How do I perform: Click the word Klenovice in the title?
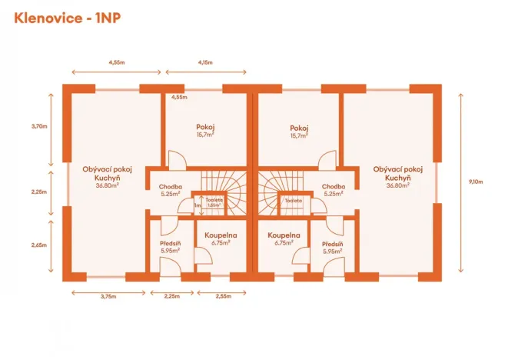[x=45, y=18]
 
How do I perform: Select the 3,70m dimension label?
[x=39, y=125]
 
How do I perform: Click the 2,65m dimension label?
[x=39, y=245]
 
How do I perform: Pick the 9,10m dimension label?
[x=476, y=182]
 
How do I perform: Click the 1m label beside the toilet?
[x=198, y=205]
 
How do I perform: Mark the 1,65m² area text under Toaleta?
[x=214, y=205]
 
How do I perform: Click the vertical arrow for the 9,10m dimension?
[x=460, y=182]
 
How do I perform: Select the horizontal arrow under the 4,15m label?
[x=204, y=74]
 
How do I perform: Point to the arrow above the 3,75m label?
[x=96, y=292]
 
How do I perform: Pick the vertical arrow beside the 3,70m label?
[x=52, y=127]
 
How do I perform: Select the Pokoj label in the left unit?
[x=204, y=128]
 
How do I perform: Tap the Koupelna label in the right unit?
[x=284, y=235]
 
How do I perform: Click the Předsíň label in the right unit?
[x=333, y=244]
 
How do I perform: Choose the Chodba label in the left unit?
[x=170, y=186]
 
